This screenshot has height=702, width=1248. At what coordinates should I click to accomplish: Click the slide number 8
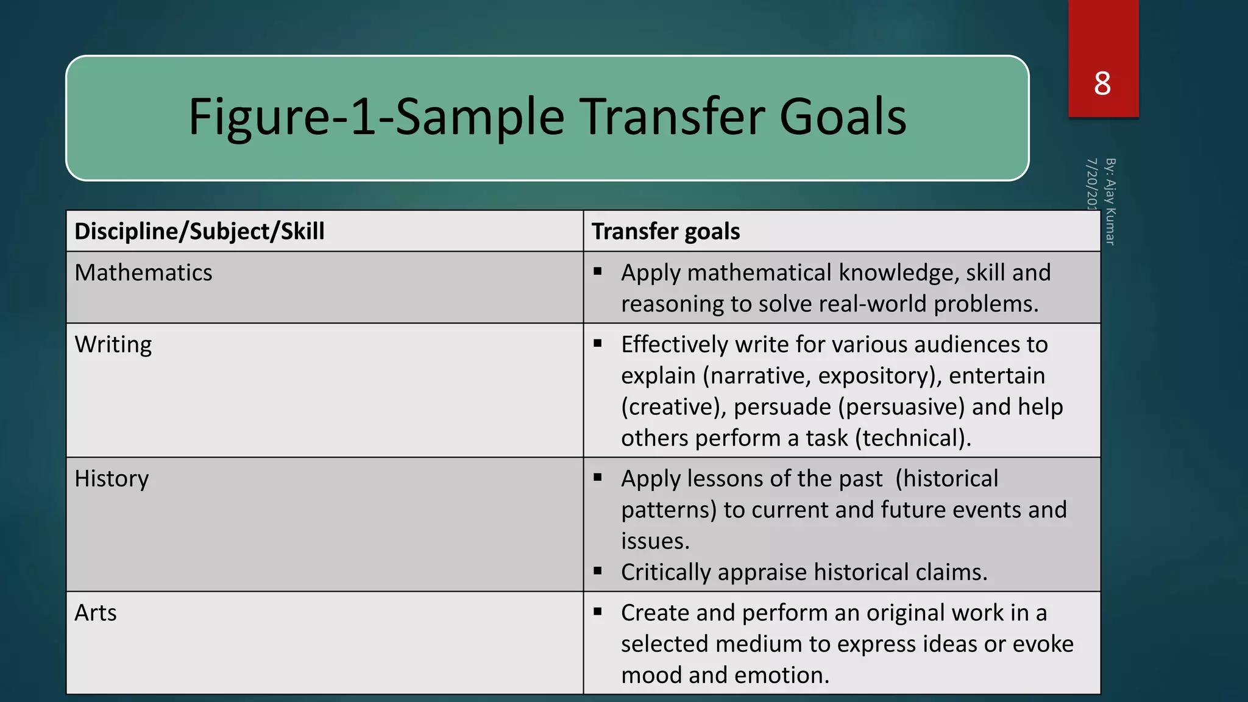tap(1102, 83)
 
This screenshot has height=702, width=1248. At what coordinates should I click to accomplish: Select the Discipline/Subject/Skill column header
tap(199, 232)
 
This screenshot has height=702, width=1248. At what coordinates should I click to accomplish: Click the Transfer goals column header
tap(665, 232)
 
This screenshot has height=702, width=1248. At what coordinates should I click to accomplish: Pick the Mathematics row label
tap(143, 272)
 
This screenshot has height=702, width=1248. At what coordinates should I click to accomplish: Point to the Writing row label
tap(113, 345)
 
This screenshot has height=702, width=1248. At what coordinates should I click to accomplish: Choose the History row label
tap(112, 479)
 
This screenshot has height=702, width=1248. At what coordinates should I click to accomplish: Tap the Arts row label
tap(96, 613)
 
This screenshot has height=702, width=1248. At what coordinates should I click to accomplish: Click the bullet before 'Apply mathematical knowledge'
tap(598, 271)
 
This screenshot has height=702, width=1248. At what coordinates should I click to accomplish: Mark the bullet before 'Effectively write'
tap(598, 343)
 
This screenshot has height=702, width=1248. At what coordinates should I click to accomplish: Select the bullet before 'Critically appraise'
tap(598, 571)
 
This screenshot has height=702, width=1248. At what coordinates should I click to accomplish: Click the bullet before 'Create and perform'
tap(598, 611)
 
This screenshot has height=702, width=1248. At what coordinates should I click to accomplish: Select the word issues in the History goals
tap(654, 541)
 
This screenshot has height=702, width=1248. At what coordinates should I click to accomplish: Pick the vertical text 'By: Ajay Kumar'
tap(1110, 201)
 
